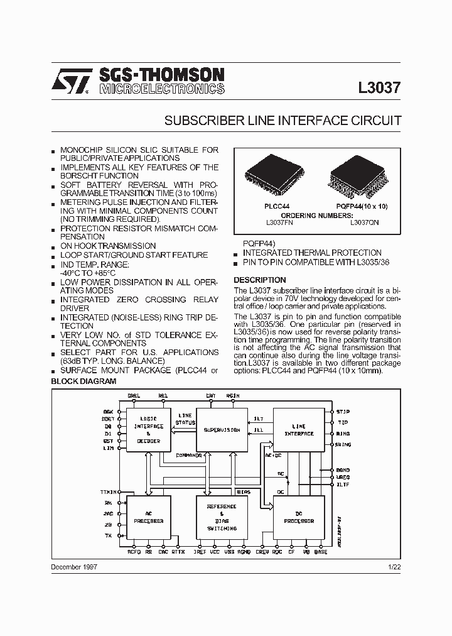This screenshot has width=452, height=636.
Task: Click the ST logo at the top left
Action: click(70, 82)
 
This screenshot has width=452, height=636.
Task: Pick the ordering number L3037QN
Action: click(364, 222)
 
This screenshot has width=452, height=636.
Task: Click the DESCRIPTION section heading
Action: click(260, 280)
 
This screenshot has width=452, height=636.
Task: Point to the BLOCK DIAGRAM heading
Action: click(83, 381)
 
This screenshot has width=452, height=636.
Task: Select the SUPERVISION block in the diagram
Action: click(222, 430)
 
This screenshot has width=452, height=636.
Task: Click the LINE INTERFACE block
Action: click(299, 430)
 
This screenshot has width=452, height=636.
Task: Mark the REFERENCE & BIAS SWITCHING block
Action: click(222, 517)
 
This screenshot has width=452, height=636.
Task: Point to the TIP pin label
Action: click(342, 422)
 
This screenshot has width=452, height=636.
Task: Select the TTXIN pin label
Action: click(108, 491)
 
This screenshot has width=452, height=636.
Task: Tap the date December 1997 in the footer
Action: click(73, 567)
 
